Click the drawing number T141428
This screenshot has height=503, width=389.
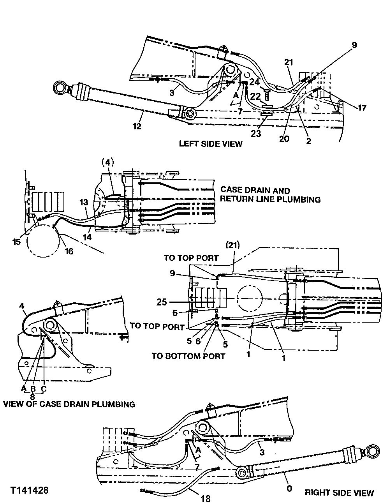click(30, 490)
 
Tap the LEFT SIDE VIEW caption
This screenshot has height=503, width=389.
click(210, 144)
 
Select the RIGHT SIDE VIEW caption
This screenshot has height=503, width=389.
click(339, 493)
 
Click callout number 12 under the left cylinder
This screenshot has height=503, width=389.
click(137, 126)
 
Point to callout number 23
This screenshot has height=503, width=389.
click(256, 133)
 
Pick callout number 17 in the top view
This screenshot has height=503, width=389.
click(362, 108)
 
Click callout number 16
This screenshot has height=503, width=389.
click(69, 251)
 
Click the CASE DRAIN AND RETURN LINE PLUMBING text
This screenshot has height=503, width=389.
click(270, 195)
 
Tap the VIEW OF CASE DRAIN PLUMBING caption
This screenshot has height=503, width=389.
click(69, 404)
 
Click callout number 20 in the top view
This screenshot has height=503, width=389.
click(284, 139)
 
